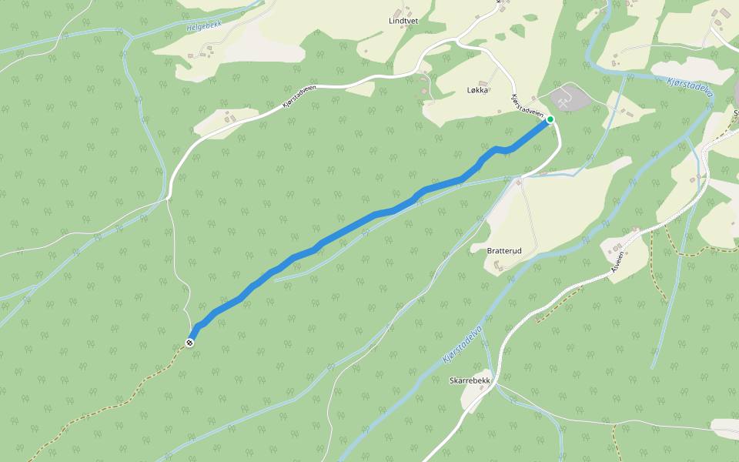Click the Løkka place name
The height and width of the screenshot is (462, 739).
point(477,90)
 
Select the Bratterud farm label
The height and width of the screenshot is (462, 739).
point(504,251)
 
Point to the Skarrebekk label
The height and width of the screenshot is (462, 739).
point(470,380)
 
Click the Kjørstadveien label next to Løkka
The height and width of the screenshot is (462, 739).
point(528,106)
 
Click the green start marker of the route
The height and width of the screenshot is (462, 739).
point(550,119)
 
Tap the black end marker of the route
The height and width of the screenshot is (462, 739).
point(189,342)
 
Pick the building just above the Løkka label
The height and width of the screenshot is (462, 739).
point(483,82)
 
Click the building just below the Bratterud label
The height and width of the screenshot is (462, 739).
point(497,265)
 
